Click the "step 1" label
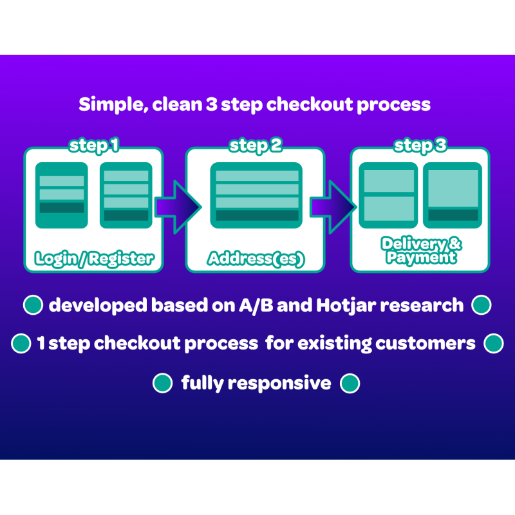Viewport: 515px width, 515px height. pos(94,145)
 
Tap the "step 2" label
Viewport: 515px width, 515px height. pos(256,145)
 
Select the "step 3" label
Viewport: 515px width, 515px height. pos(420,145)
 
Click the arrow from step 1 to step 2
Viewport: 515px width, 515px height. pos(178,207)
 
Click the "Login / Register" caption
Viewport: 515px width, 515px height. pos(94,259)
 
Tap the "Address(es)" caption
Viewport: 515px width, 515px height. pos(256,259)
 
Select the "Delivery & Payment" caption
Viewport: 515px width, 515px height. pos(422,250)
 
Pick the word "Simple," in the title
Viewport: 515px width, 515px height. pos(113,105)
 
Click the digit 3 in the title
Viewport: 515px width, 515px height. pos(212,104)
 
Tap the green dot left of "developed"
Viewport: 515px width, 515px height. pos(33,304)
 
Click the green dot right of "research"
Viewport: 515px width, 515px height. pos(481,304)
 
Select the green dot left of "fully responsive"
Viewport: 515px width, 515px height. pos(163,383)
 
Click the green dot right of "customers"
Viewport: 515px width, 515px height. pos(494,343)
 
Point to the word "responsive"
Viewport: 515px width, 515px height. pos(279,384)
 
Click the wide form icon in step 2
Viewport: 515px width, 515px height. pos(256,195)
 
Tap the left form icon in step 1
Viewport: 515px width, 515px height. pos(62,195)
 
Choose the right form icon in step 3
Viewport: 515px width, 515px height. pos(453,195)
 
